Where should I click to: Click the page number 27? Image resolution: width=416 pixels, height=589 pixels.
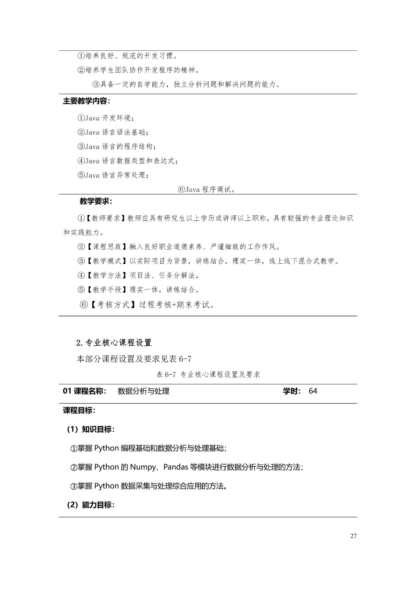point(353,536)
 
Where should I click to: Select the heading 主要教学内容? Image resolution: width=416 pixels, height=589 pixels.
point(86,101)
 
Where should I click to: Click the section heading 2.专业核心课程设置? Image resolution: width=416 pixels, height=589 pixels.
point(114,343)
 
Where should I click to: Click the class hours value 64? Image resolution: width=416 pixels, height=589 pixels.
point(313,391)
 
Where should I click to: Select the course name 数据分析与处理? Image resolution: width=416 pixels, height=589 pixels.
point(143,391)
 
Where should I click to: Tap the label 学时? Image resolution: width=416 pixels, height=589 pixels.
point(292,391)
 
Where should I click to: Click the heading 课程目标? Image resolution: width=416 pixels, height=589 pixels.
point(79,410)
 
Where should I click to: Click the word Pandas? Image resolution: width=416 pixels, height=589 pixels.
point(176,467)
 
